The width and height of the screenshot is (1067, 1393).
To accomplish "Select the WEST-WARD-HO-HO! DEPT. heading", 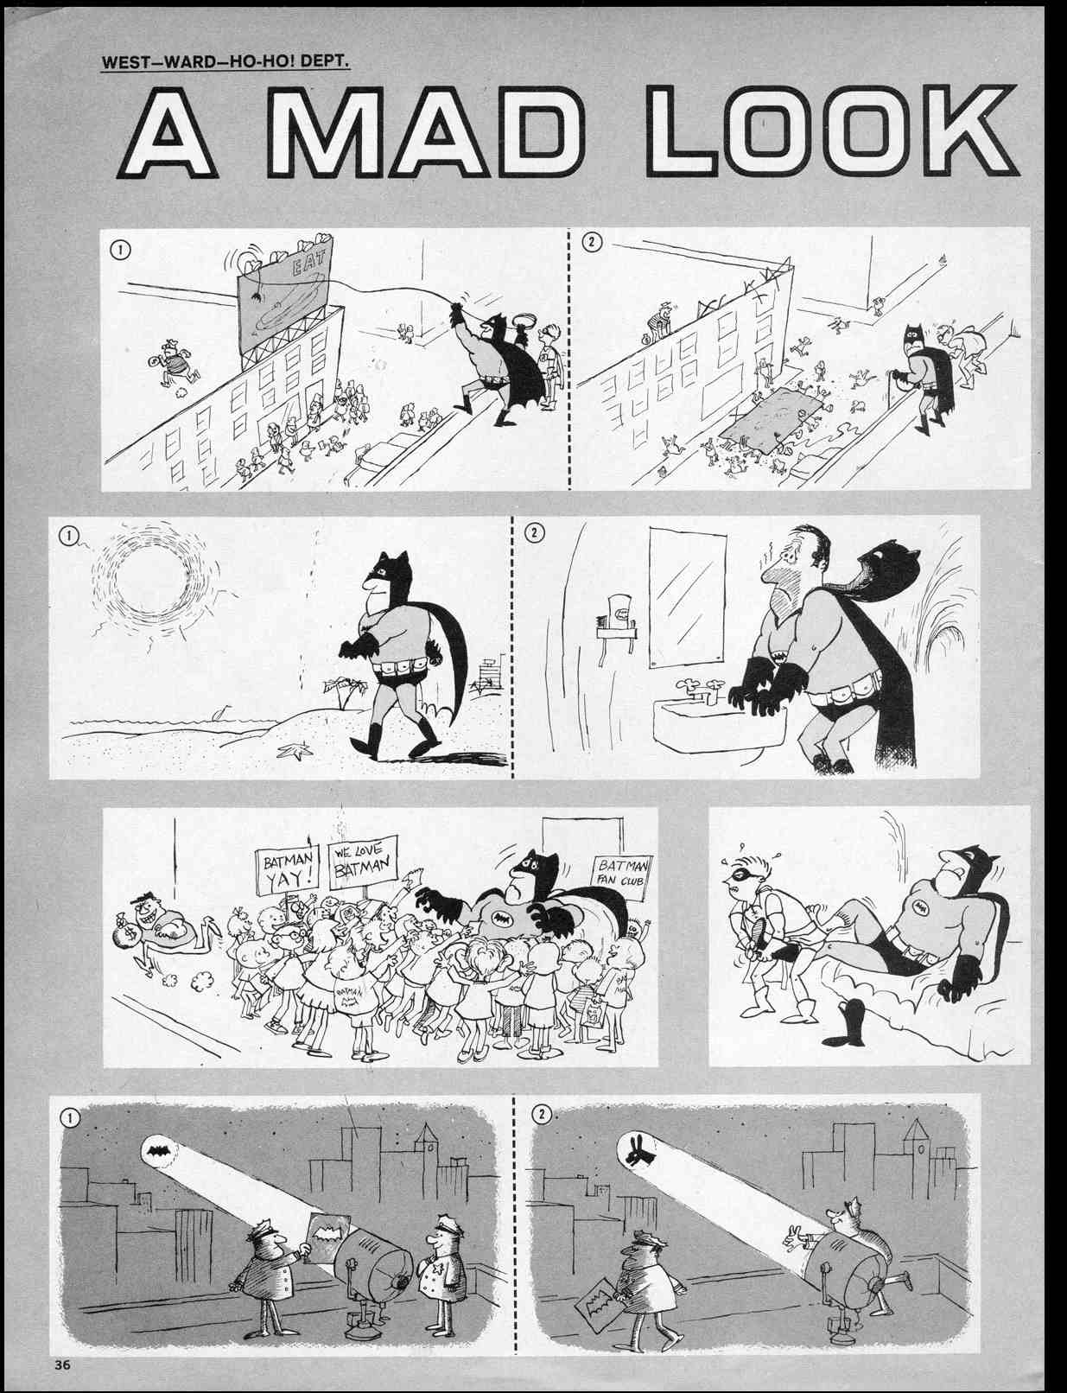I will (225, 63).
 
